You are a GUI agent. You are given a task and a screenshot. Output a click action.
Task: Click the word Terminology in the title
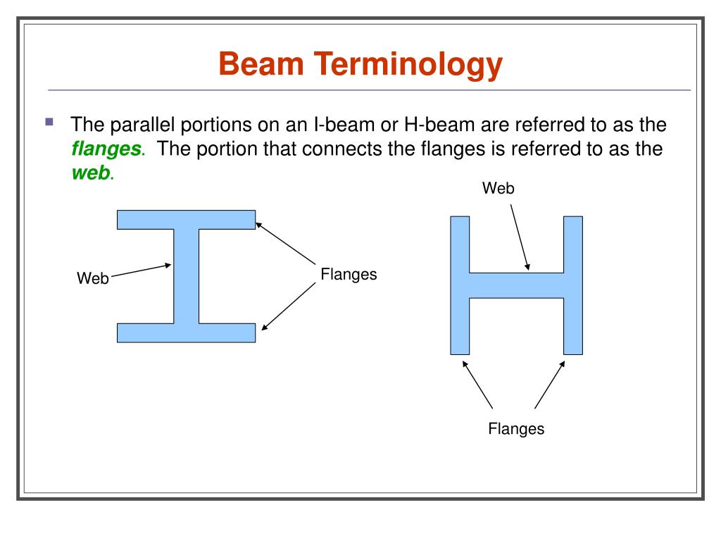408,66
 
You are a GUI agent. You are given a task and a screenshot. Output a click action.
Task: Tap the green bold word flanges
106,149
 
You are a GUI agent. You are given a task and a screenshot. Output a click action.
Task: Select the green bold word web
91,173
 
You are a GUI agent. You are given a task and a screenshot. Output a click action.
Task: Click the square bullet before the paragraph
49,122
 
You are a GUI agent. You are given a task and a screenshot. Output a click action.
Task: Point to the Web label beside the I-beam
93,278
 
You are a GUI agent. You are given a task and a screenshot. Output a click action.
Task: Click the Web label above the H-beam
499,188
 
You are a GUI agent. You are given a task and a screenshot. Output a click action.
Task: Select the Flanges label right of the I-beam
349,274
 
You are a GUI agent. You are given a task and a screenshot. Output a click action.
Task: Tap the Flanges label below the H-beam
516,428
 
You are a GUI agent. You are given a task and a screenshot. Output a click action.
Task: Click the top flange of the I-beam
186,219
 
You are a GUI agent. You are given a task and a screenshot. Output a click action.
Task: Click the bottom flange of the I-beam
186,332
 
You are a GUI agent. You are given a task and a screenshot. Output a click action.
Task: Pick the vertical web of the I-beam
186,275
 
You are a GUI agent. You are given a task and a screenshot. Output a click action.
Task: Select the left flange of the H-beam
459,285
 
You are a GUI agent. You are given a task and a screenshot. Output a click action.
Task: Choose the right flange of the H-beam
573,285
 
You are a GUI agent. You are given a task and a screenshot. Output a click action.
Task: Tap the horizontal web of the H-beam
516,285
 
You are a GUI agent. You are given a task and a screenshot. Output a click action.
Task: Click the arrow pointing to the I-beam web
141,270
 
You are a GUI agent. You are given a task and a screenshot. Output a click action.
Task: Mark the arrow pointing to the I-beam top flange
285,244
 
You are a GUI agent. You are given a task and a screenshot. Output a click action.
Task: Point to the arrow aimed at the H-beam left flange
477,385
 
